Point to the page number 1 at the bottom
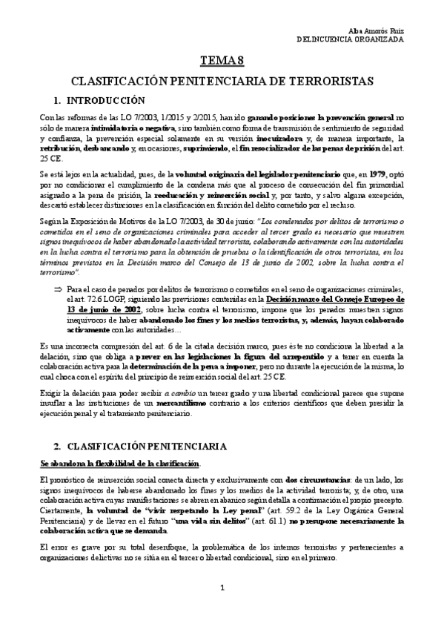(222, 587)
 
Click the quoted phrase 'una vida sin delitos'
(251, 521)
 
